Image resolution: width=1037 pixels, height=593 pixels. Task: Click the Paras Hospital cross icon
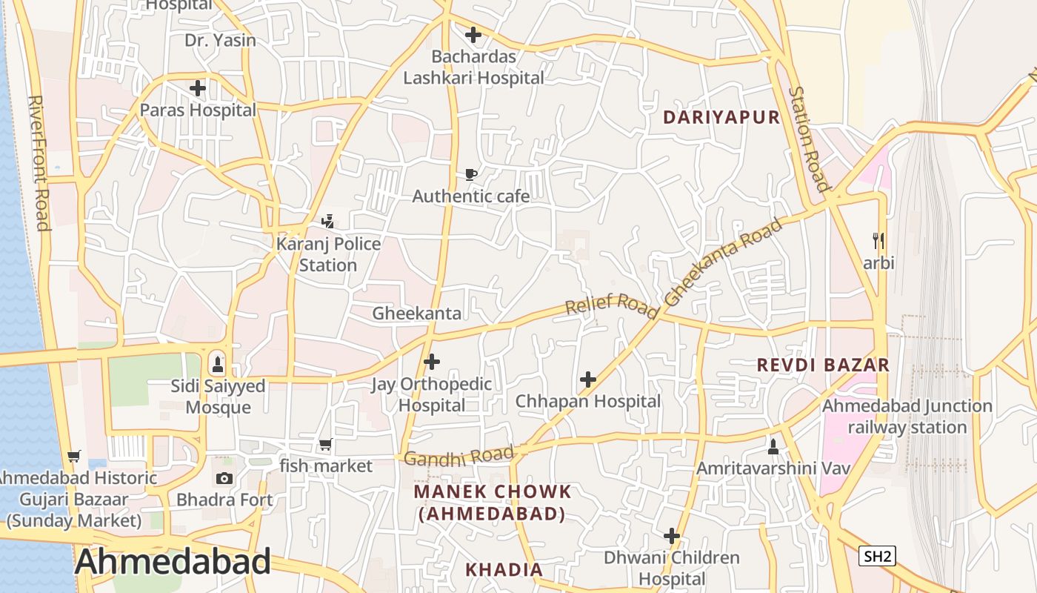point(198,89)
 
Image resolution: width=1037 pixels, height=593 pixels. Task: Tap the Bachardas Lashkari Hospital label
point(473,67)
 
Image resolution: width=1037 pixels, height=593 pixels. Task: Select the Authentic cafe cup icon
point(470,175)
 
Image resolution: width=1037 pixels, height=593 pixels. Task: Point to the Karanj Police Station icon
point(327,222)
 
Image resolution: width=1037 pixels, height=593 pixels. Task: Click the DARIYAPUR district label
point(721,117)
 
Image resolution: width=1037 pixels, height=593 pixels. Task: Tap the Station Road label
point(808,139)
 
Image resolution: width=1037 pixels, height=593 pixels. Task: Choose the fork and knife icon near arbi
point(878,241)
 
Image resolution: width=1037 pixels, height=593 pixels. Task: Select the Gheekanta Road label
point(724,262)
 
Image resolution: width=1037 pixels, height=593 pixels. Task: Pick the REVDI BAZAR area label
point(822,365)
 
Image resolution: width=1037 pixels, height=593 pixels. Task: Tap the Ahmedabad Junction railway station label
point(907,417)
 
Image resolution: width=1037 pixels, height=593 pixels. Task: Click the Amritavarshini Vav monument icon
point(773,446)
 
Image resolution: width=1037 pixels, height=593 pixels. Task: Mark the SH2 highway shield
point(877,556)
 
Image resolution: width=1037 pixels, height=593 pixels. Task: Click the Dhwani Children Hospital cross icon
point(672,536)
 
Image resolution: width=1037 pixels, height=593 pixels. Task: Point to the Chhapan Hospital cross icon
point(588,380)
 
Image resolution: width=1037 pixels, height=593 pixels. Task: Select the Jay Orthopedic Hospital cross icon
point(432,362)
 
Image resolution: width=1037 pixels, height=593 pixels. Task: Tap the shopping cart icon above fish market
point(325,445)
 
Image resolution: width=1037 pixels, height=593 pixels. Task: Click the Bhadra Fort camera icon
point(224,479)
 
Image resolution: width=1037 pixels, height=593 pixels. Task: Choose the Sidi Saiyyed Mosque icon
point(218,364)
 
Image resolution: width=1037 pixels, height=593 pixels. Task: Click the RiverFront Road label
point(39,162)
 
